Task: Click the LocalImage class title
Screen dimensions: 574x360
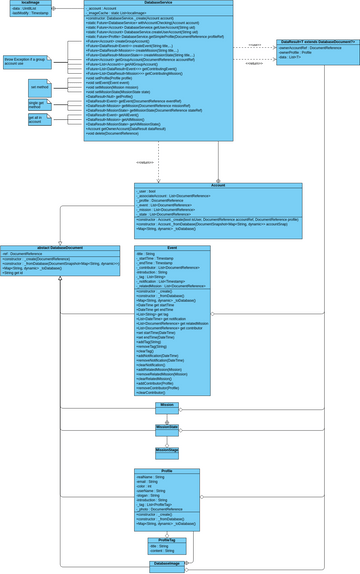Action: click(24, 3)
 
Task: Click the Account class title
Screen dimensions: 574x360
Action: click(218, 184)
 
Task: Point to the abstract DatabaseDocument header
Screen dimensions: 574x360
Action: click(60, 247)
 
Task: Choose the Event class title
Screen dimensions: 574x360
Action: click(172, 247)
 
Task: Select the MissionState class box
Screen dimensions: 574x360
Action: click(167, 426)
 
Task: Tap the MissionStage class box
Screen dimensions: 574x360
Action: click(167, 452)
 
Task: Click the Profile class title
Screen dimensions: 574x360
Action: click(167, 470)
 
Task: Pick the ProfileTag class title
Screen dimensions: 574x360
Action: click(167, 540)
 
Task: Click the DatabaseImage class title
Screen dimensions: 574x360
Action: click(167, 565)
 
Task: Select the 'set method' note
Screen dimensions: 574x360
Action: click(39, 87)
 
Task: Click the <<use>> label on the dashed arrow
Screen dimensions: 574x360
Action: click(254, 45)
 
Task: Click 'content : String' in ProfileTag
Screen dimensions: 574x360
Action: click(161, 551)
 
